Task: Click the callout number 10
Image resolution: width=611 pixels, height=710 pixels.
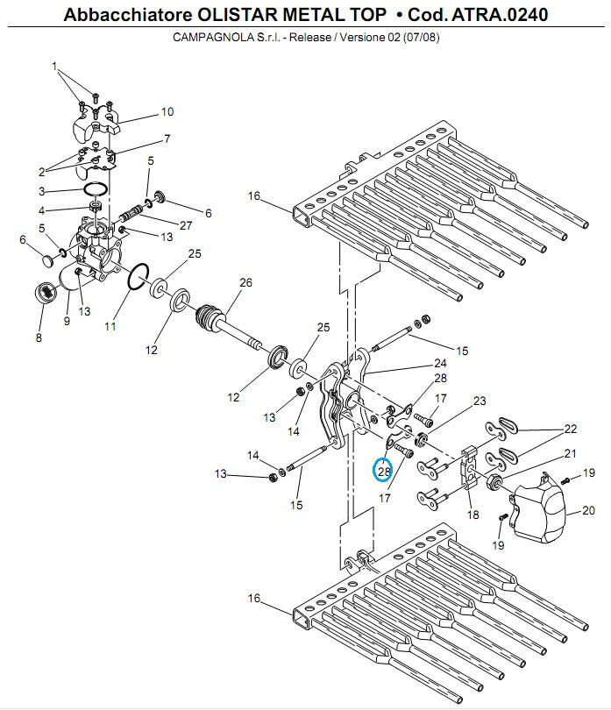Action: pos(167,111)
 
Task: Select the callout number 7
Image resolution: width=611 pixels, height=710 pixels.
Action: pos(166,138)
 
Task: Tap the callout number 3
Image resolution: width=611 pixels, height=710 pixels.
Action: pos(40,190)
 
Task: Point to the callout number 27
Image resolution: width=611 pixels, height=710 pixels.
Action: pos(186,225)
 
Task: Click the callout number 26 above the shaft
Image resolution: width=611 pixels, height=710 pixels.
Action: pos(245,282)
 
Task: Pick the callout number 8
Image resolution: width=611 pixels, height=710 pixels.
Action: pos(38,337)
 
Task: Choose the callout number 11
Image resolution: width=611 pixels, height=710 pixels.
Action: pos(110,326)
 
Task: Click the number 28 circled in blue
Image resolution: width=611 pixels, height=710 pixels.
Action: pos(383,471)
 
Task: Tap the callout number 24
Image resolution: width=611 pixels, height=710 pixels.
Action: pos(440,363)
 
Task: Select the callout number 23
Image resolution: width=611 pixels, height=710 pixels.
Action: pos(480,401)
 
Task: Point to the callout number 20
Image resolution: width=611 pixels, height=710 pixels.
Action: pos(587,509)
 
